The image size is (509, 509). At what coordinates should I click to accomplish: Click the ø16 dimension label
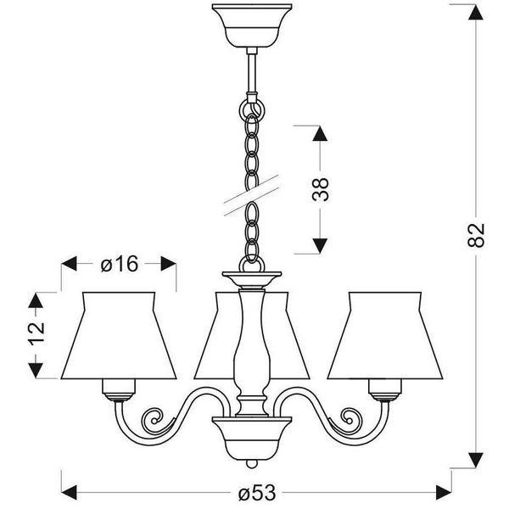pos(119,264)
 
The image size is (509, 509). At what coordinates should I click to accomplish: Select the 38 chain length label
pos(320,190)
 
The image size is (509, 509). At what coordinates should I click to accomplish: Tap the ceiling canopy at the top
pos(251,26)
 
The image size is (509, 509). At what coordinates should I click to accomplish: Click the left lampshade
pos(119,335)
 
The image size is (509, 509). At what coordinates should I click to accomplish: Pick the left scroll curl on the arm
pos(154,419)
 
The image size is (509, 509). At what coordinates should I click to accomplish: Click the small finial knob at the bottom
pos(251,465)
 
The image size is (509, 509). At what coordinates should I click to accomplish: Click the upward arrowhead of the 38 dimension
pos(319,135)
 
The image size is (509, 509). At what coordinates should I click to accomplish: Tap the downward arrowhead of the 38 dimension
pos(319,245)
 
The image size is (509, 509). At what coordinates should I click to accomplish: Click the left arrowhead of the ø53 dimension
pos(70,491)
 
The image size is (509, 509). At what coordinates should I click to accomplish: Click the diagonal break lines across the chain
pos(251,193)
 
